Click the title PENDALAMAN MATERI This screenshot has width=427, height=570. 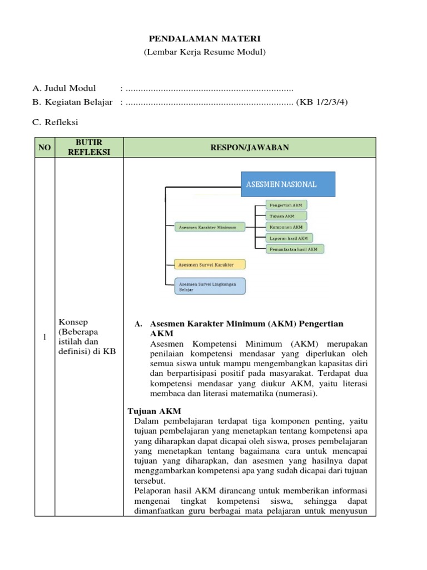pyautogui.click(x=205, y=38)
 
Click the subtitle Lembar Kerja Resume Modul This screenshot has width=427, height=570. pyautogui.click(x=205, y=52)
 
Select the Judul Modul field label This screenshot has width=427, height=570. pyautogui.click(x=64, y=88)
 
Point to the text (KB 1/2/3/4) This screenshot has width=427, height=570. pyautogui.click(x=322, y=102)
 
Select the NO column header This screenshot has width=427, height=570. pyautogui.click(x=44, y=148)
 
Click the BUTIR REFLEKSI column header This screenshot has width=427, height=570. pyautogui.click(x=88, y=148)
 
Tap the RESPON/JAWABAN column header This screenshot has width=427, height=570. pyautogui.click(x=249, y=148)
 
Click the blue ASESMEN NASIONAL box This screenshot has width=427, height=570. pyautogui.click(x=287, y=184)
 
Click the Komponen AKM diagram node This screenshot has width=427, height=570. pyautogui.click(x=286, y=227)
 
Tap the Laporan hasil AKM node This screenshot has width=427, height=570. pyautogui.click(x=289, y=238)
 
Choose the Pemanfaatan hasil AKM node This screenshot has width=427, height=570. pyautogui.click(x=295, y=249)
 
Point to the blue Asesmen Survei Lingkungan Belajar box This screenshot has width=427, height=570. pyautogui.click(x=210, y=286)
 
